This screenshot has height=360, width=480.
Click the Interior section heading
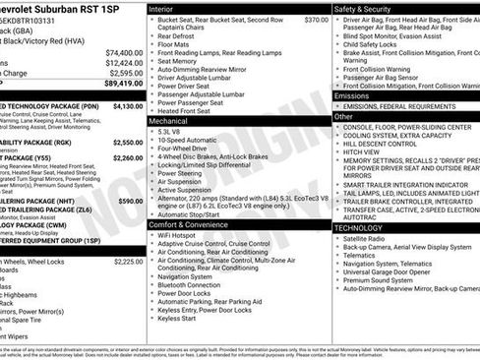tap(166, 8)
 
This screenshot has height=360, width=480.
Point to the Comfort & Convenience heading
tap(196, 225)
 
